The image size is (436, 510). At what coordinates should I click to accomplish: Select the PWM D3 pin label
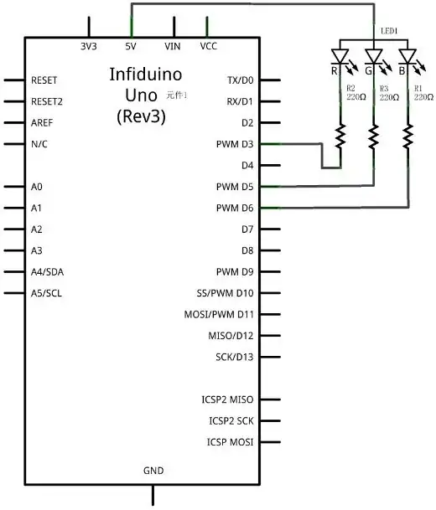click(x=234, y=144)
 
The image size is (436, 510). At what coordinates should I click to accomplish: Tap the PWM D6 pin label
click(x=234, y=208)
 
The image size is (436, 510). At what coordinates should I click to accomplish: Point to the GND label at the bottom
click(x=153, y=471)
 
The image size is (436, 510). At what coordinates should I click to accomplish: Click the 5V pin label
click(x=132, y=47)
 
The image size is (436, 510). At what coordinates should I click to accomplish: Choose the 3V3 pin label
click(x=89, y=47)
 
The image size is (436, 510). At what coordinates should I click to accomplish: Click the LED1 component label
click(x=389, y=31)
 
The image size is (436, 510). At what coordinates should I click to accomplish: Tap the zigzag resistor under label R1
click(x=408, y=134)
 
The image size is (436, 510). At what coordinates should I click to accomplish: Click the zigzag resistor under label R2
click(x=340, y=134)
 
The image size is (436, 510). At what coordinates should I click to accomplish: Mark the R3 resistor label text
click(x=384, y=87)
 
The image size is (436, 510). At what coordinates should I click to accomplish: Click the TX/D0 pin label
click(x=240, y=80)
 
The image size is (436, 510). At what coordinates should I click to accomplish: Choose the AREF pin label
click(x=44, y=122)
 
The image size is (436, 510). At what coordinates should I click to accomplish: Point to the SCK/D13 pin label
click(x=234, y=357)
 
